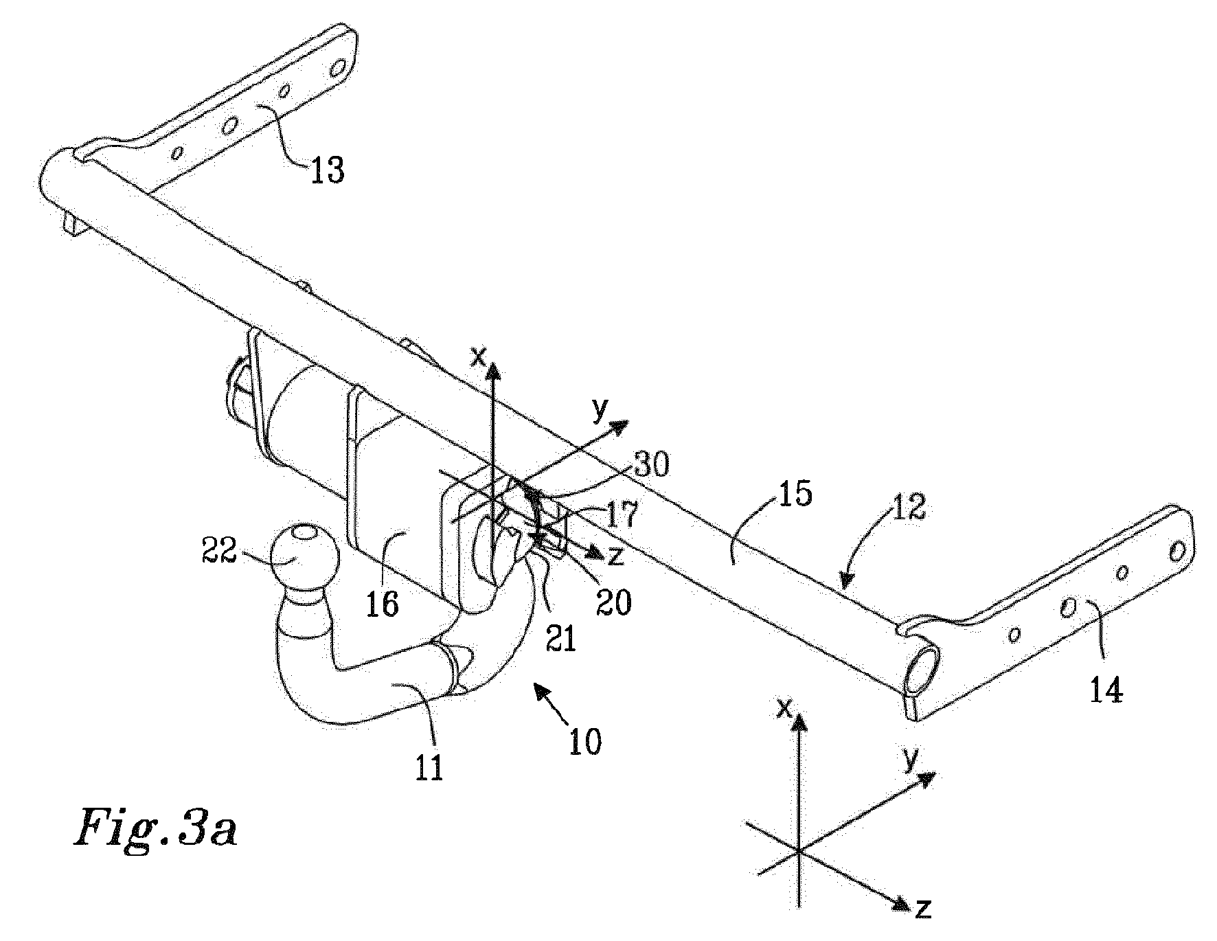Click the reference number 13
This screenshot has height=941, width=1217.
pyautogui.click(x=327, y=168)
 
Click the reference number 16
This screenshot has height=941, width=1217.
pyautogui.click(x=382, y=604)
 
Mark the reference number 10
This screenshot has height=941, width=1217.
pyautogui.click(x=584, y=742)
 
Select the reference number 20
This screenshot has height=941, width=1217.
pyautogui.click(x=613, y=602)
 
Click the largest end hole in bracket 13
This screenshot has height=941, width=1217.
pyautogui.click(x=338, y=69)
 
